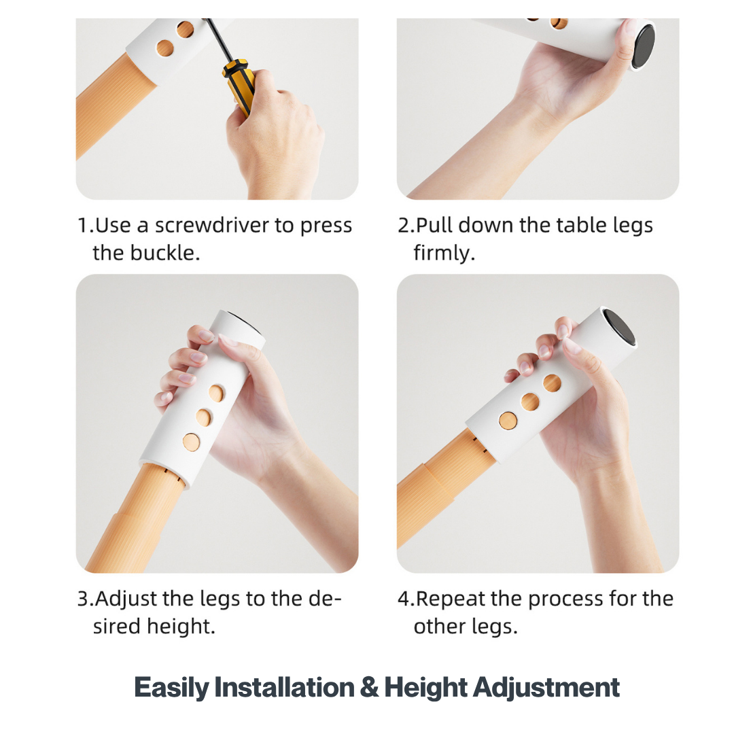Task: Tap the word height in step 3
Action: (181, 627)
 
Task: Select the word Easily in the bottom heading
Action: (172, 688)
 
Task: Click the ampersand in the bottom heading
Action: (368, 688)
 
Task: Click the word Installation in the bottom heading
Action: (285, 688)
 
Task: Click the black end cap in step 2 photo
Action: (643, 46)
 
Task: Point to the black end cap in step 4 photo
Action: (619, 327)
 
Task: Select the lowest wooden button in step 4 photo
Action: (508, 421)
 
